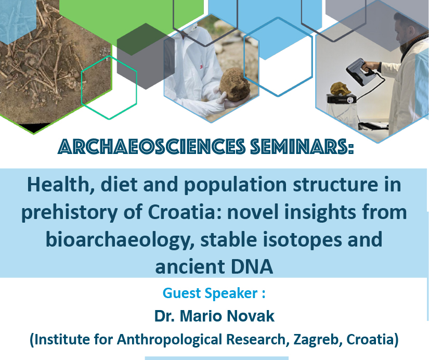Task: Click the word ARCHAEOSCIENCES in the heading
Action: (x=151, y=147)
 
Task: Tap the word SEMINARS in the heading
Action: (x=302, y=147)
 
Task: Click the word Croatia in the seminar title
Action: (x=181, y=212)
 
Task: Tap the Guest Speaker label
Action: (x=214, y=293)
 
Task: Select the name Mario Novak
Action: (x=227, y=316)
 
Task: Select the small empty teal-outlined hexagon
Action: (x=109, y=87)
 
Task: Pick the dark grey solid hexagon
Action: (x=146, y=56)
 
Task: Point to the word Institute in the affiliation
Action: (x=62, y=340)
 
